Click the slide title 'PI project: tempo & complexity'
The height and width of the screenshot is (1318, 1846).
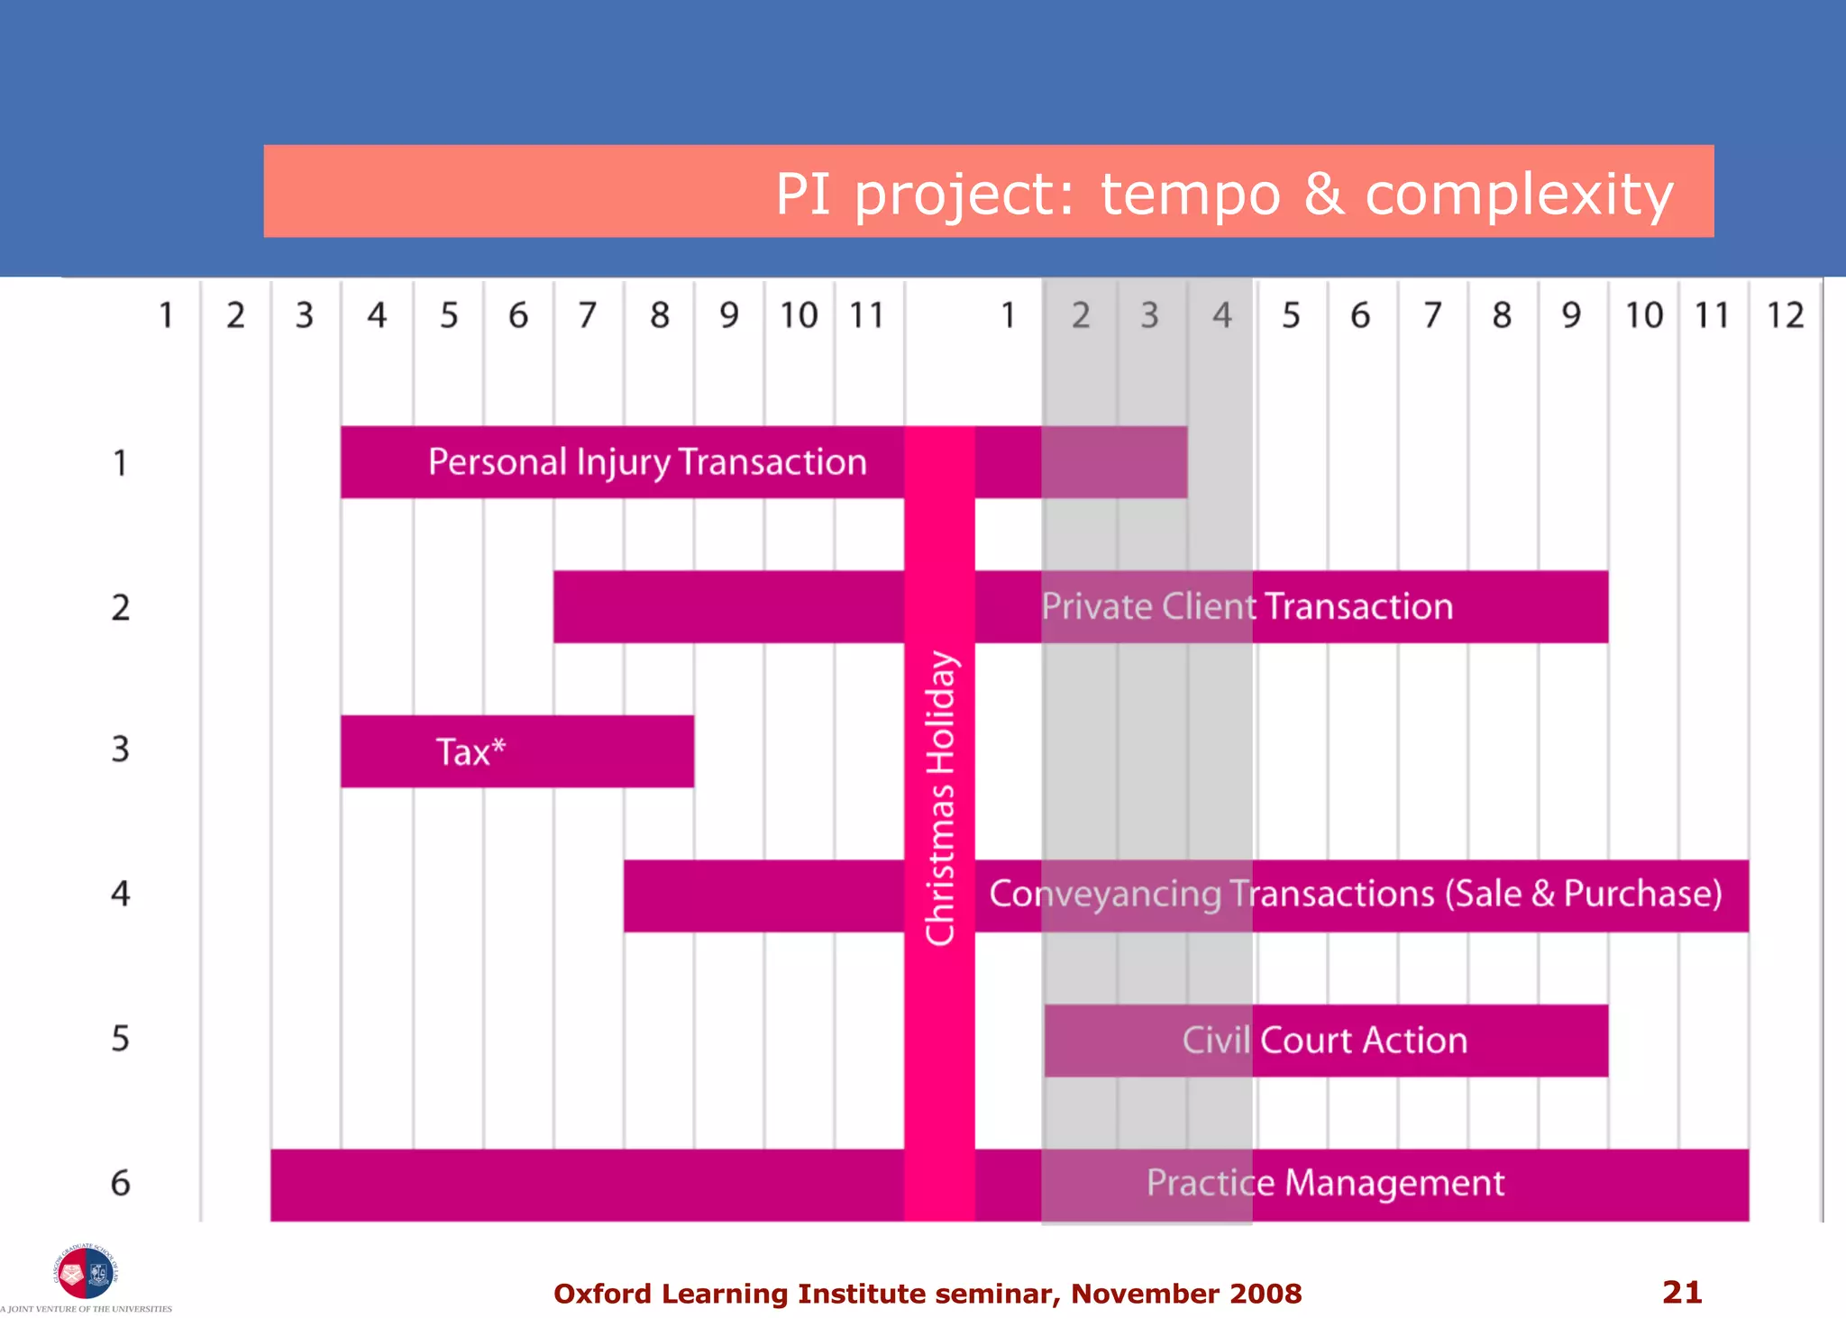click(x=1224, y=194)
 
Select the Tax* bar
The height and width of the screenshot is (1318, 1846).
click(x=516, y=751)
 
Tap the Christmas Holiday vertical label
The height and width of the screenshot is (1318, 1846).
click(x=940, y=798)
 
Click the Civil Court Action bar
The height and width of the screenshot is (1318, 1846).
click(x=1325, y=1041)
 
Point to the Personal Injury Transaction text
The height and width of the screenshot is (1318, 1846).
click(x=647, y=462)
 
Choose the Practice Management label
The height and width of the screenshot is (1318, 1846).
click(x=1325, y=1183)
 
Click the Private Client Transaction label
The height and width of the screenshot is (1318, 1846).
click(x=1247, y=606)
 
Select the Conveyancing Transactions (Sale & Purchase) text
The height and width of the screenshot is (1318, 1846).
click(x=1356, y=894)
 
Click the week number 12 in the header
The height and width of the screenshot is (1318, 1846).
click(x=1785, y=315)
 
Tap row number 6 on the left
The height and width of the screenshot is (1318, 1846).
click(x=121, y=1183)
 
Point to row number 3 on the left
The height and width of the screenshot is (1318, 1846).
click(x=121, y=750)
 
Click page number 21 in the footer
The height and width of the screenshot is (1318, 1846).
click(x=1682, y=1293)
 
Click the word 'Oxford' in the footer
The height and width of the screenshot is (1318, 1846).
click(x=602, y=1294)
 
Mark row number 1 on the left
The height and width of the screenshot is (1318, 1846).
click(x=121, y=463)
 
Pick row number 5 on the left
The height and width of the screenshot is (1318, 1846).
click(x=121, y=1039)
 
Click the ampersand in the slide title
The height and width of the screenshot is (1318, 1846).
click(x=1323, y=194)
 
